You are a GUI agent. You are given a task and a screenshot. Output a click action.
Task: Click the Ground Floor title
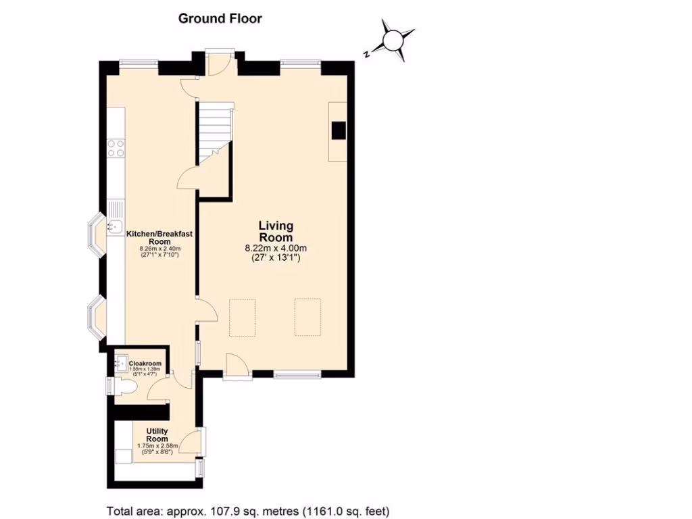click(x=220, y=18)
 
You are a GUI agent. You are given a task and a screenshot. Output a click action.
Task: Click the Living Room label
click(x=276, y=231)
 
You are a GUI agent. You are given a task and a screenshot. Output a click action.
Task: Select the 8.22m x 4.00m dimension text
click(x=276, y=248)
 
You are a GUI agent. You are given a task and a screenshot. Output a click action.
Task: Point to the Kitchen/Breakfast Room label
click(x=159, y=238)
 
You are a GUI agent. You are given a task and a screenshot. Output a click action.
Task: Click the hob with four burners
click(x=116, y=147)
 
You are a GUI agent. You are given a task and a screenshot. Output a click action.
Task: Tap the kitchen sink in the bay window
click(x=114, y=228)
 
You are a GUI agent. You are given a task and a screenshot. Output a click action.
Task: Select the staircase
click(x=215, y=132)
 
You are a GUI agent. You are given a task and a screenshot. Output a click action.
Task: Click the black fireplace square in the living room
click(x=338, y=130)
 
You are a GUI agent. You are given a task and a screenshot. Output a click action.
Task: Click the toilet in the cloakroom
click(x=124, y=386)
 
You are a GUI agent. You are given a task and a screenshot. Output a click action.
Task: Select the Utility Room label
click(x=157, y=435)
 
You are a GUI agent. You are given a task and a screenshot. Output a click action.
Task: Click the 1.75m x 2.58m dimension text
click(x=157, y=447)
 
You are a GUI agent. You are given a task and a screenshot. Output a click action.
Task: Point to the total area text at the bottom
click(x=248, y=510)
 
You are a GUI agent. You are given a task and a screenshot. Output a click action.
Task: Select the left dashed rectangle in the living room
click(x=243, y=317)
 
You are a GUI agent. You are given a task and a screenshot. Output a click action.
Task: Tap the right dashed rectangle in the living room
click(x=307, y=316)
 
